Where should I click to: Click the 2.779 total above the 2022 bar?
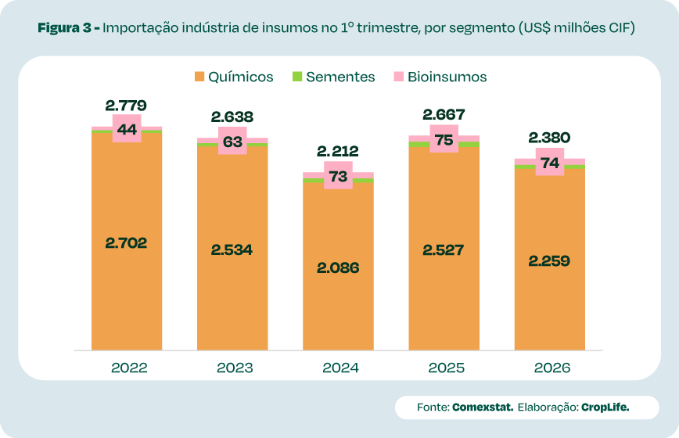[x=126, y=106]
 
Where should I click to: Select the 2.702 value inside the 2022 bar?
[x=126, y=242]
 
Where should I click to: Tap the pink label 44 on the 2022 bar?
[x=127, y=128]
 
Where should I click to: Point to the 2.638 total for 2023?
[x=232, y=117]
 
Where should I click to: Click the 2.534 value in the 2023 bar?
[x=232, y=250]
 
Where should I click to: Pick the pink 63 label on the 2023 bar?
[x=232, y=141]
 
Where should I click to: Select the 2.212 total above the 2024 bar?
[x=338, y=151]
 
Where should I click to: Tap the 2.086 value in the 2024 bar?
[x=338, y=267]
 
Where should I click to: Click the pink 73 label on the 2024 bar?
[x=338, y=176]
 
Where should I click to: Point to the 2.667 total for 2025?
[x=444, y=114]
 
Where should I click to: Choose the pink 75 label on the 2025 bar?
[x=444, y=139]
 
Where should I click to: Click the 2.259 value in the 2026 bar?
[x=549, y=260]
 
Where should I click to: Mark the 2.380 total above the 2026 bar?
[x=549, y=138]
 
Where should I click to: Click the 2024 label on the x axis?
[x=338, y=368]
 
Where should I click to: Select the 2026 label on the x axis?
[x=549, y=368]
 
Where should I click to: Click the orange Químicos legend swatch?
[x=199, y=77]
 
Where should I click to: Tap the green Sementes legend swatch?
[x=297, y=77]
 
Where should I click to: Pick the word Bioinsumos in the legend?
[x=447, y=77]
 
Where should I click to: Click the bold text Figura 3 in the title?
[x=65, y=28]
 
